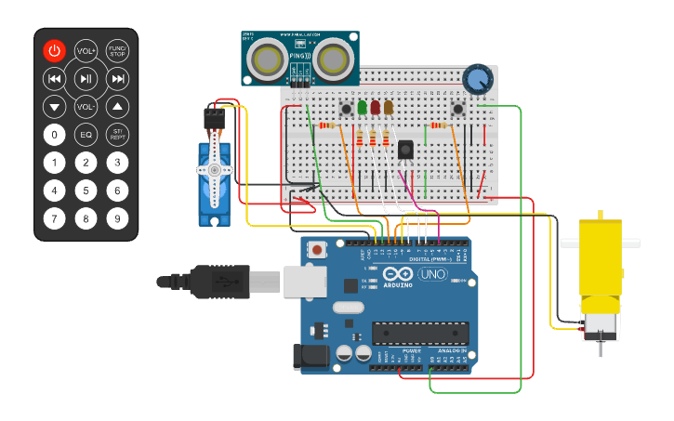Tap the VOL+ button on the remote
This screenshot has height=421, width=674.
click(86, 51)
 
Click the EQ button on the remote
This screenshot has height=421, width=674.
click(86, 135)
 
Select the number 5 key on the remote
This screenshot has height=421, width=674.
click(86, 191)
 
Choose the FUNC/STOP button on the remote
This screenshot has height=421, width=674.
click(117, 51)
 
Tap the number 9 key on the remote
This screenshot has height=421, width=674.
click(117, 219)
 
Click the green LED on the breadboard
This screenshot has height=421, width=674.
click(362, 108)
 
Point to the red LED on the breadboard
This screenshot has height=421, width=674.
click(375, 108)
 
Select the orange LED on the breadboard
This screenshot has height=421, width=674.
click(388, 108)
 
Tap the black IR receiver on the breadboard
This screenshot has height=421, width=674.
click(405, 149)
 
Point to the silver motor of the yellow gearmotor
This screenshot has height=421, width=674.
click(598, 325)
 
